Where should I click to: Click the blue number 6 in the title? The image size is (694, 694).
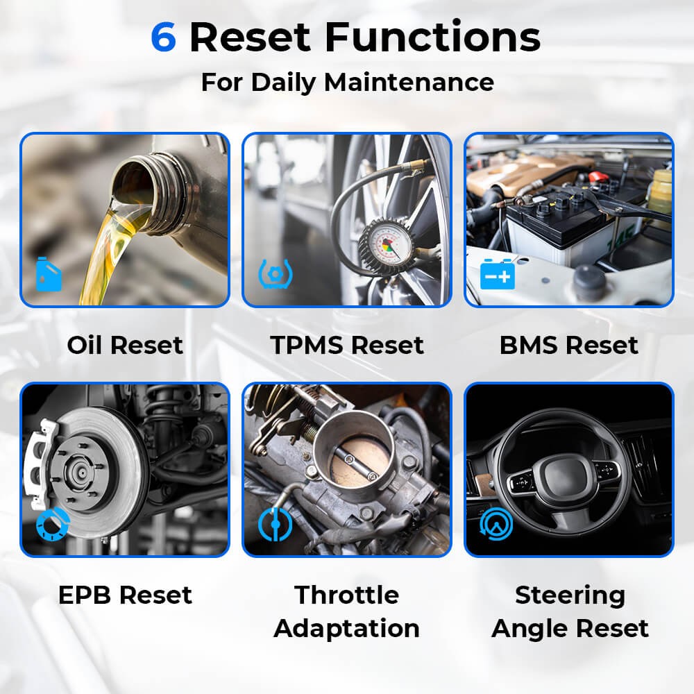[163, 37]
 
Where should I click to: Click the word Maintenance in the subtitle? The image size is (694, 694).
[409, 82]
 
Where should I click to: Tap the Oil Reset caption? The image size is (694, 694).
[125, 345]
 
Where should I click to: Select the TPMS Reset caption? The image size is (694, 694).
[347, 345]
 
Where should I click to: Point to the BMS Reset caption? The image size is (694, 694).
[569, 345]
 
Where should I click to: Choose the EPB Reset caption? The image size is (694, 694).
[125, 595]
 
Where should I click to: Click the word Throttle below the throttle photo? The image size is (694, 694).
[347, 595]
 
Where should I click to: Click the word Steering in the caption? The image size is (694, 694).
[570, 595]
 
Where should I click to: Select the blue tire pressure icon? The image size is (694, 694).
[276, 274]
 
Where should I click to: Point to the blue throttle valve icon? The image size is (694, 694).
[276, 525]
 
